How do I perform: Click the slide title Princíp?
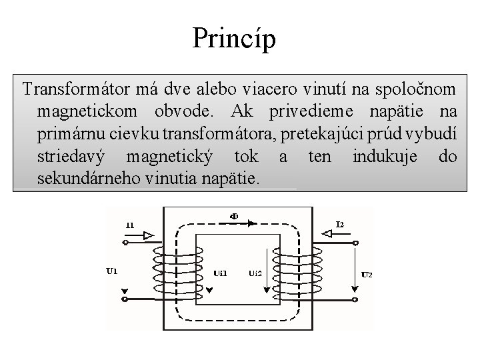[233, 38]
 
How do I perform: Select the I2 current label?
[341, 224]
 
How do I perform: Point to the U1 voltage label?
[112, 271]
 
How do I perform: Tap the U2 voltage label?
[367, 274]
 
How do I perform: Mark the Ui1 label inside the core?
[220, 273]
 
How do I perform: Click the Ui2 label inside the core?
[255, 273]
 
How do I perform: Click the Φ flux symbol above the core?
[234, 216]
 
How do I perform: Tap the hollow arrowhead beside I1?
[148, 235]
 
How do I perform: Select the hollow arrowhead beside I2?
[327, 233]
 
